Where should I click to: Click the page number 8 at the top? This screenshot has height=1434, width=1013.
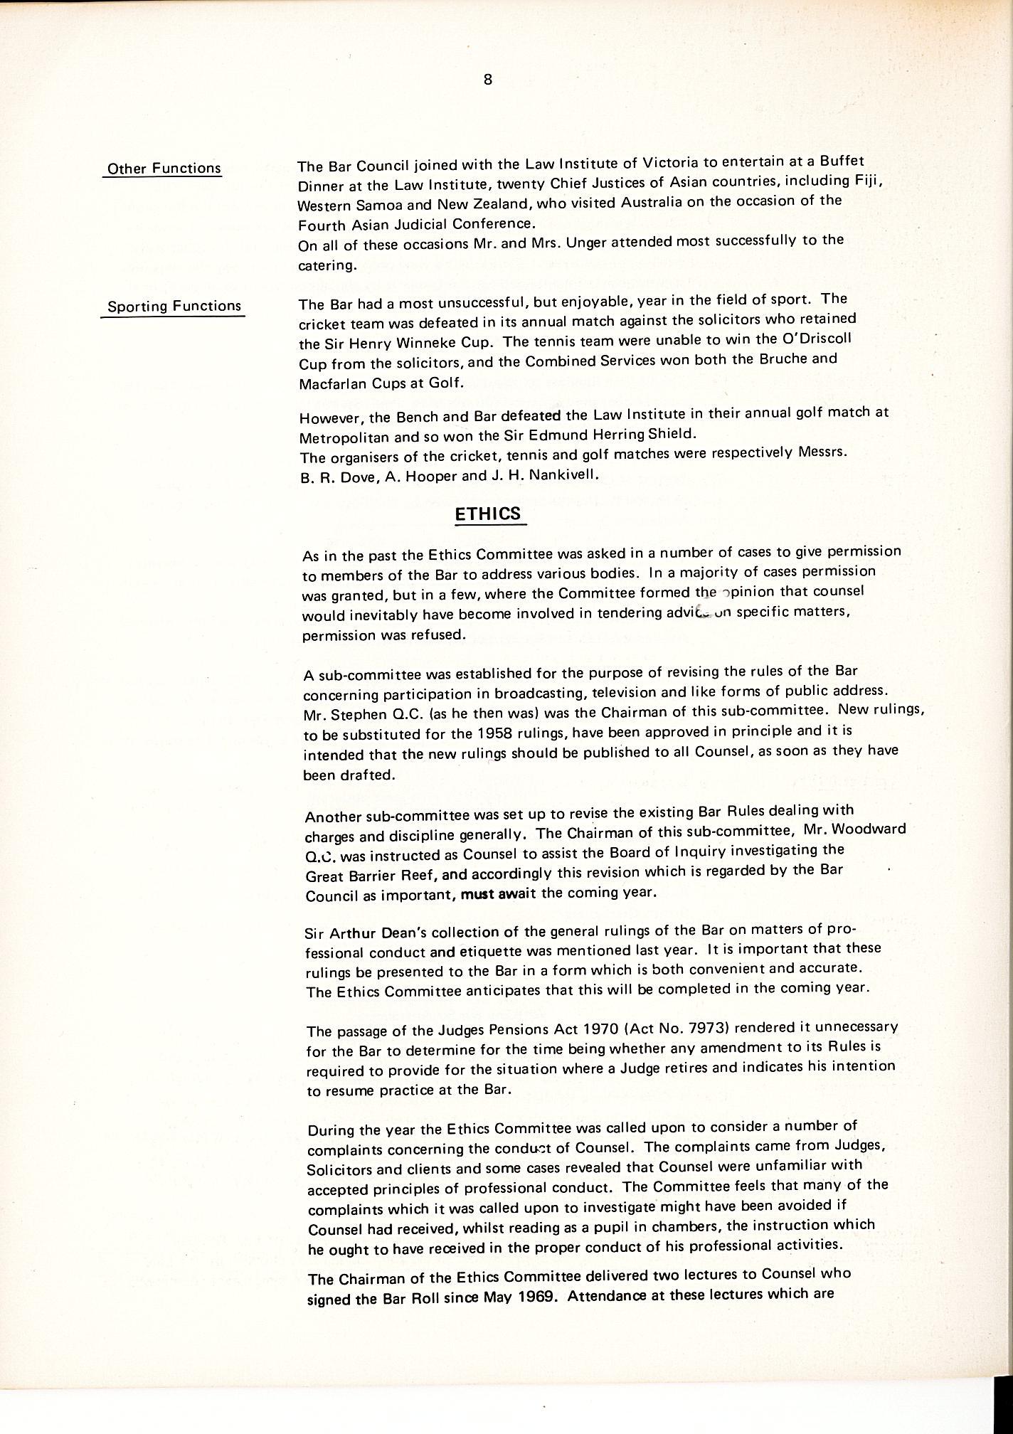click(488, 80)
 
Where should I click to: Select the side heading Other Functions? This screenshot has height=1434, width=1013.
click(163, 169)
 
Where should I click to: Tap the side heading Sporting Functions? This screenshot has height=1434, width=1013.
click(174, 307)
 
